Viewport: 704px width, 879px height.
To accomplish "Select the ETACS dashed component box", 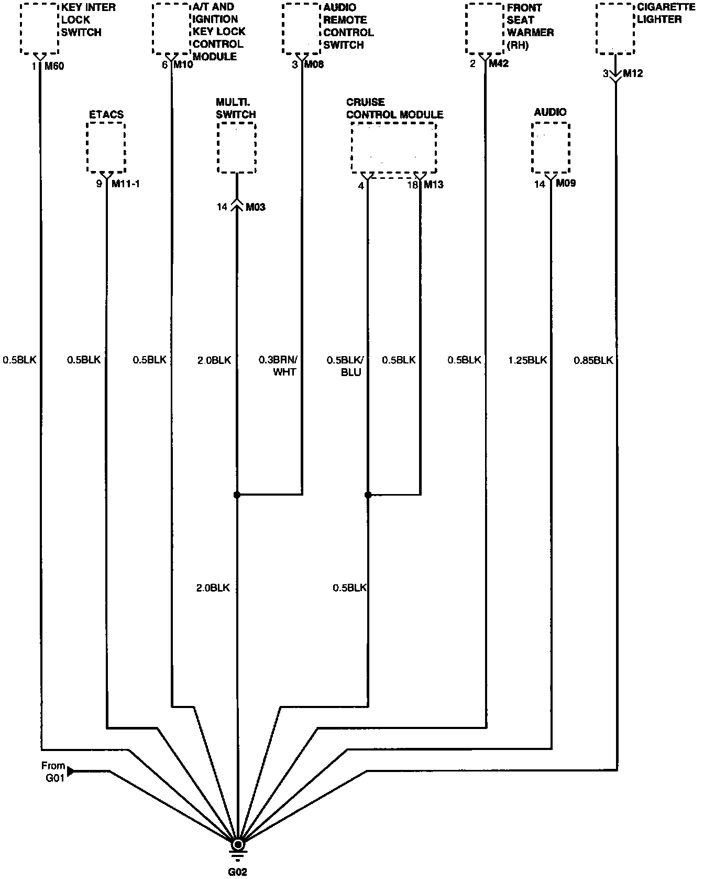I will (106, 147).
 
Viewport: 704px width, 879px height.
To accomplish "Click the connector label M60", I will (54, 66).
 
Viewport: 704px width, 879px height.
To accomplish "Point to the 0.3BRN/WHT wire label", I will (278, 366).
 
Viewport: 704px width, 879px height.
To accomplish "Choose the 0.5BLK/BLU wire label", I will (345, 366).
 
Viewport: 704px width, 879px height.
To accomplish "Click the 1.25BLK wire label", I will (527, 360).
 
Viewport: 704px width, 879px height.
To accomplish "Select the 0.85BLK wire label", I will (593, 360).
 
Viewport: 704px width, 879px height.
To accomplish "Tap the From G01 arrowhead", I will (71, 771).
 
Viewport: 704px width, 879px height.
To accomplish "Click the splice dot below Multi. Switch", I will (237, 495).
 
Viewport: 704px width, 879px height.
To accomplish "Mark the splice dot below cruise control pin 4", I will (368, 495).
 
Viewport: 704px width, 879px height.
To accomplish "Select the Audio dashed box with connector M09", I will (551, 147).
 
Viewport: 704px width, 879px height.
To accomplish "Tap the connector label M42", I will (498, 64).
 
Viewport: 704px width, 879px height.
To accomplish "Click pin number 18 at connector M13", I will (413, 185).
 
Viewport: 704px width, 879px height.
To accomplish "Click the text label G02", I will (237, 872).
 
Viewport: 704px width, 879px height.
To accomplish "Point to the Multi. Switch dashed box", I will (237, 147).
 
